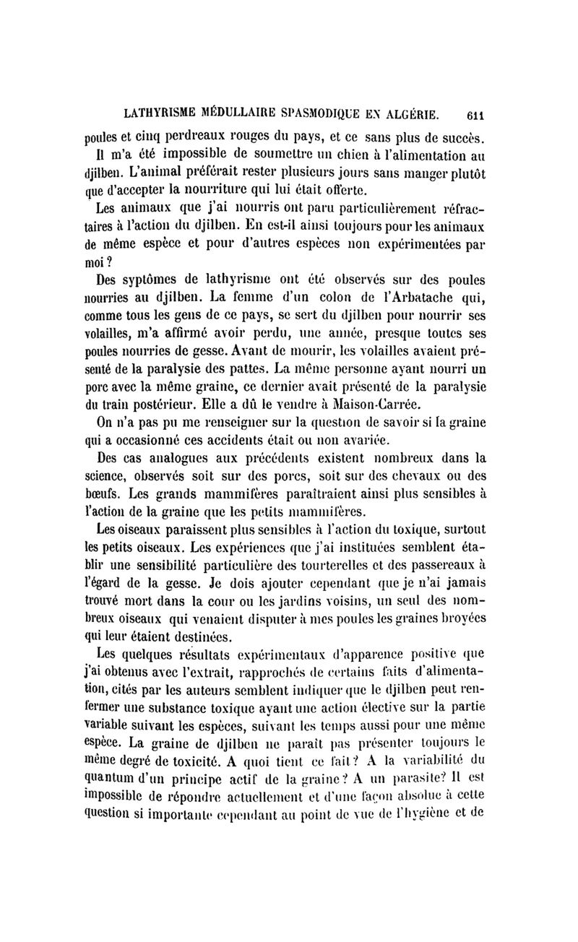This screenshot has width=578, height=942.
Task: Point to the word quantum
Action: tap(110, 777)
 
